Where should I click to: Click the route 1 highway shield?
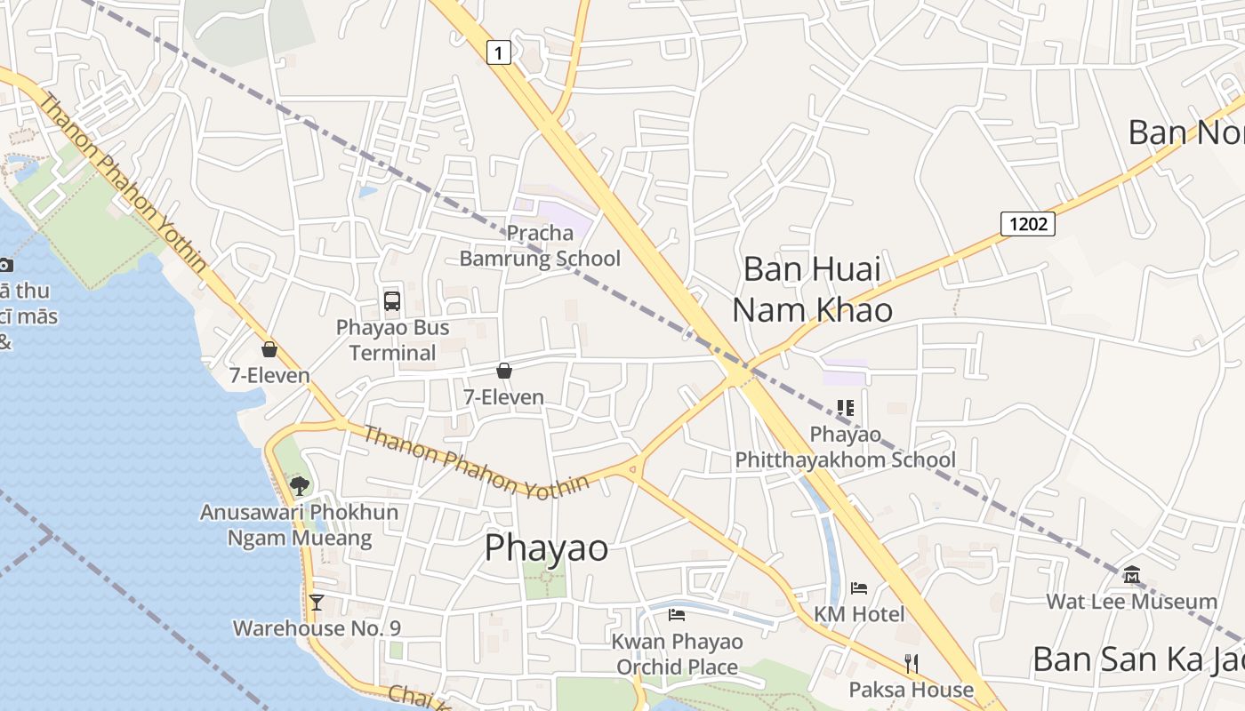click(x=499, y=53)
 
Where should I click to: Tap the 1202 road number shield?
click(x=1028, y=223)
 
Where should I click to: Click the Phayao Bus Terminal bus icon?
click(x=392, y=300)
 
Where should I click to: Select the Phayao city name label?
click(x=546, y=548)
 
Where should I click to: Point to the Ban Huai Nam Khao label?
click(x=811, y=289)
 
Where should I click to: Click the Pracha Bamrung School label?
click(x=540, y=246)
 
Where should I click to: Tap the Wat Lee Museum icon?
click(x=1131, y=575)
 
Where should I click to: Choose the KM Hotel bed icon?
click(x=858, y=587)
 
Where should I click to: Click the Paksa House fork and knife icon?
click(x=911, y=663)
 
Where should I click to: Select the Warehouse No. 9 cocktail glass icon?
click(x=316, y=602)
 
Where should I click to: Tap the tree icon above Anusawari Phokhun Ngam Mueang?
click(x=300, y=485)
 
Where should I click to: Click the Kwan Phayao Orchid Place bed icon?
click(x=677, y=614)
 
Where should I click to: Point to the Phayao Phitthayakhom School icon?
click(x=845, y=408)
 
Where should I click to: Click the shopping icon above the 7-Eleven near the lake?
click(x=269, y=349)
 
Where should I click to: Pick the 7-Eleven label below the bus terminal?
click(x=503, y=397)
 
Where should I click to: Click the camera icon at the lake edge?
click(x=5, y=264)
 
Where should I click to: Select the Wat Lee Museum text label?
click(x=1131, y=602)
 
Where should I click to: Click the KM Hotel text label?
click(x=859, y=614)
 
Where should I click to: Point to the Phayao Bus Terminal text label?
click(x=392, y=340)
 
